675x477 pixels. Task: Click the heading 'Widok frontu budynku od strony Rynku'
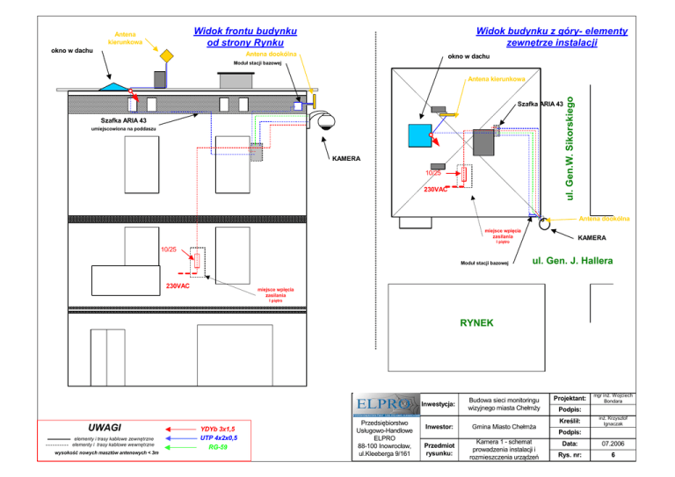[244, 36]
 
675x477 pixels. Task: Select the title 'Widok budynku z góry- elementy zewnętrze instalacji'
[551, 36]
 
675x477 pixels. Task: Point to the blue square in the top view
[418, 135]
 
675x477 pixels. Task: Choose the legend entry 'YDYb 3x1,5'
[218, 428]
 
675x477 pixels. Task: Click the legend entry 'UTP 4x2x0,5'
[218, 437]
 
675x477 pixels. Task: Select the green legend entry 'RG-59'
[218, 447]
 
